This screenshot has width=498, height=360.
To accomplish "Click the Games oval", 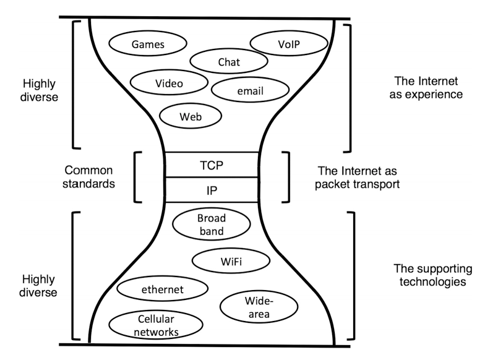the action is click(x=148, y=43).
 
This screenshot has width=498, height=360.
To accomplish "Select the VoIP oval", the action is click(x=289, y=43).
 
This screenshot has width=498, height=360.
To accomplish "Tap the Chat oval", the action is click(x=229, y=61).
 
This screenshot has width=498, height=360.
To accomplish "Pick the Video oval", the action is click(x=169, y=82).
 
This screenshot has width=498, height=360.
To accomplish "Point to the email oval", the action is click(x=251, y=90).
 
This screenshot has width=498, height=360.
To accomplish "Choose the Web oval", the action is click(x=191, y=116).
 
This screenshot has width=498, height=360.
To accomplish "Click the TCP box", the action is click(x=212, y=165).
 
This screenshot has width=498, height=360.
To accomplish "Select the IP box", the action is click(x=212, y=190).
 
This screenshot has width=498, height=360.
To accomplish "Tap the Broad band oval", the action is click(x=211, y=224).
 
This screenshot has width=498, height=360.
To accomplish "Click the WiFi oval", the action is click(x=231, y=261).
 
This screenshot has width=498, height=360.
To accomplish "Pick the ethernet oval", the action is click(x=162, y=289).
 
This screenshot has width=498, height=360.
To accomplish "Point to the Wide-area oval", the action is click(x=259, y=307).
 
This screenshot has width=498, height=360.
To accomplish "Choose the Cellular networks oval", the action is click(x=156, y=325).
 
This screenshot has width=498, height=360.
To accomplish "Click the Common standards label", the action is click(x=88, y=177).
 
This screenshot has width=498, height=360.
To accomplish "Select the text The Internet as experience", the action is click(x=426, y=88).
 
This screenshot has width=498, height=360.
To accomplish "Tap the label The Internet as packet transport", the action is click(x=358, y=178).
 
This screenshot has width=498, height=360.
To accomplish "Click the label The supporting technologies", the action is click(x=432, y=275).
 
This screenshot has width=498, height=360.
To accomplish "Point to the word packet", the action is click(x=330, y=184).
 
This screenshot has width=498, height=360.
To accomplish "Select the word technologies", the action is click(x=432, y=281).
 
